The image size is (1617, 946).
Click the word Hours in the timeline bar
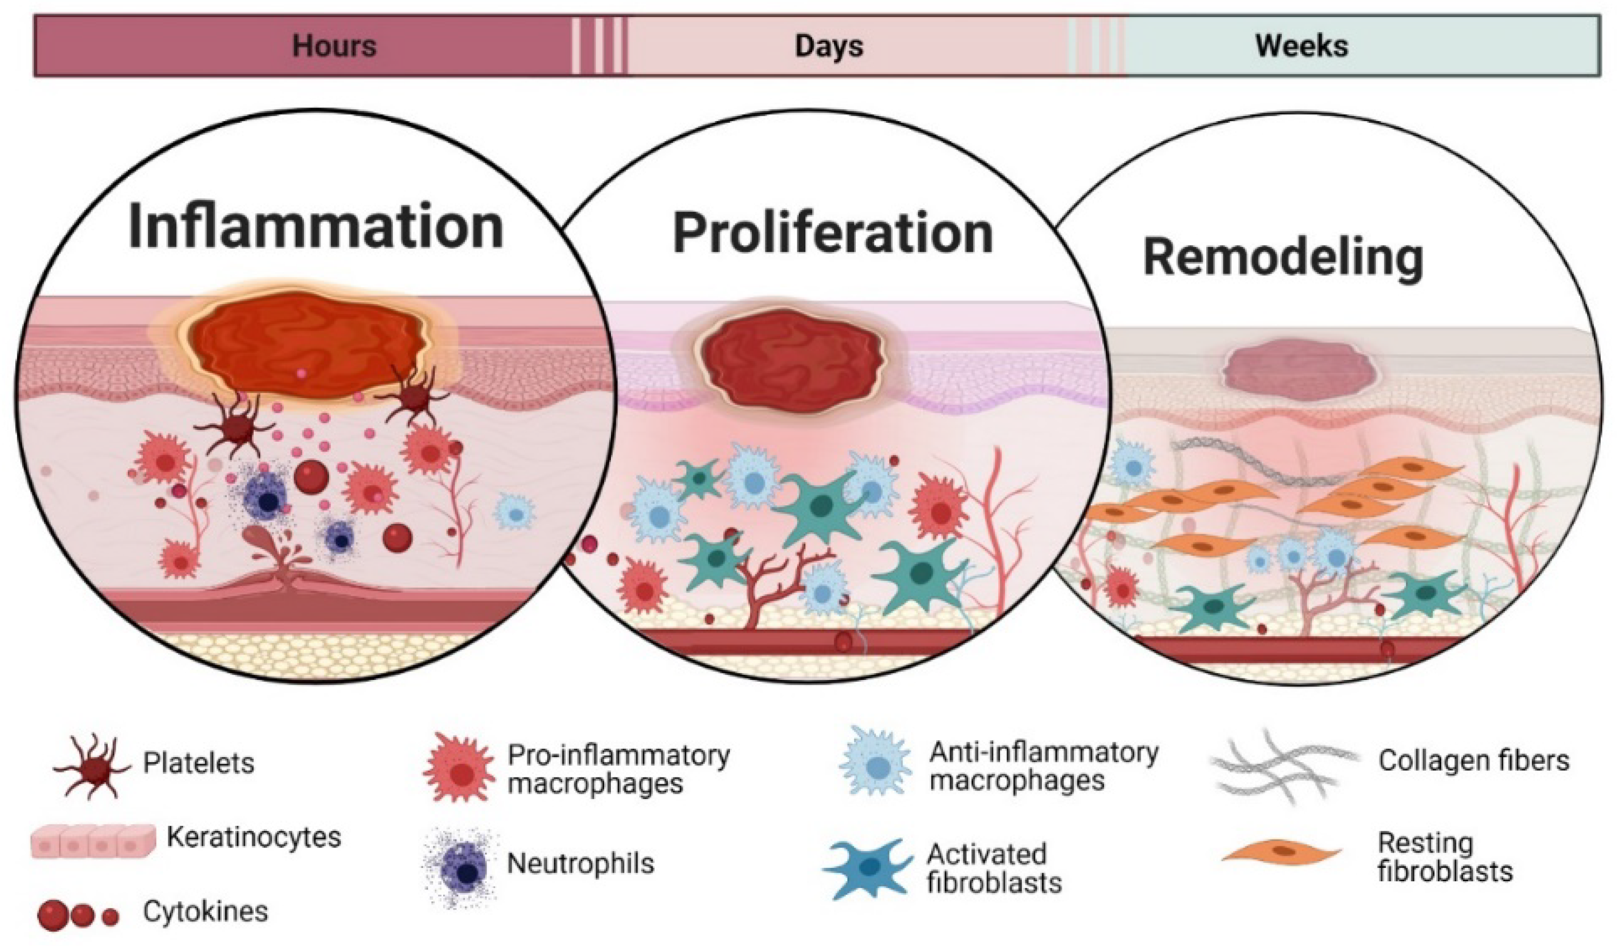(x=334, y=46)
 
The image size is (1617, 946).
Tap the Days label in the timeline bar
(x=829, y=46)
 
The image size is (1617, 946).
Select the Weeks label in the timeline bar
(x=1301, y=46)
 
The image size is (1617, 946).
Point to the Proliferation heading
(x=832, y=234)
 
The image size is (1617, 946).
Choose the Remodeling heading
(x=1283, y=259)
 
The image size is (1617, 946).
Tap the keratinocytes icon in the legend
(x=93, y=841)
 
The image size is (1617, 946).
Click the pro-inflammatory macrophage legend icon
(x=459, y=768)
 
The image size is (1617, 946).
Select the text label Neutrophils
(x=580, y=864)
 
